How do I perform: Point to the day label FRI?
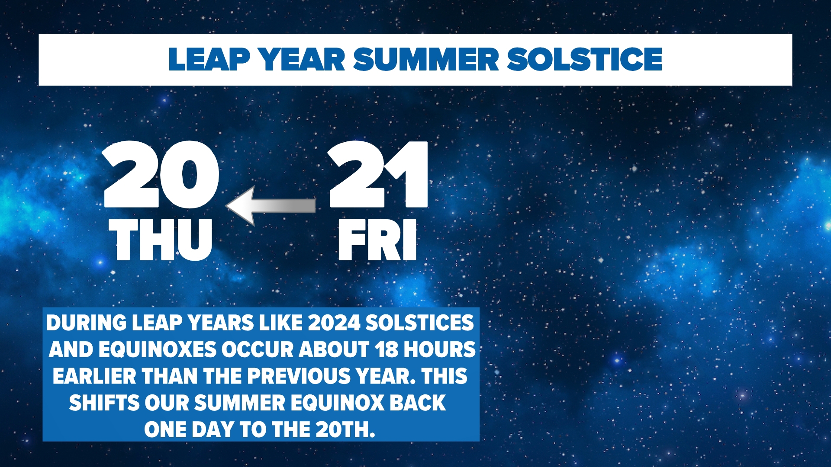click(377, 240)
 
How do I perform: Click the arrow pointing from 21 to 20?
click(271, 206)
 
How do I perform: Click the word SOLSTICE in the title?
click(584, 59)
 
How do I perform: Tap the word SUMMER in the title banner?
click(426, 59)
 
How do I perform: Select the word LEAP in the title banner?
click(209, 59)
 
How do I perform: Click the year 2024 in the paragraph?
click(334, 323)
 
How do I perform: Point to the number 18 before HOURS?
click(387, 349)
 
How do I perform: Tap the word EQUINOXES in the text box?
click(157, 349)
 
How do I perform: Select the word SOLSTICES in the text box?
click(419, 323)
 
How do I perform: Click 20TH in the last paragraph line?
click(345, 430)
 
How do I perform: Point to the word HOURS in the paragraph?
click(439, 349)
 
